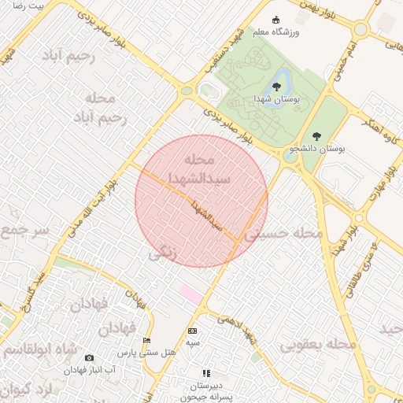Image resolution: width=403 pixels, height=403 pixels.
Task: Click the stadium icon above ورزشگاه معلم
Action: [275, 20]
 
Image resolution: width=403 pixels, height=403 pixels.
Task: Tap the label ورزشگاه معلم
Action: [275, 32]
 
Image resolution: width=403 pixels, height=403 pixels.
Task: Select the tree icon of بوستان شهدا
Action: [276, 86]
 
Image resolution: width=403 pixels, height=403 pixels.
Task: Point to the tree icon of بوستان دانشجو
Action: [316, 136]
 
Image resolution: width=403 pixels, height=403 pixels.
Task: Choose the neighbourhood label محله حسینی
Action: [283, 234]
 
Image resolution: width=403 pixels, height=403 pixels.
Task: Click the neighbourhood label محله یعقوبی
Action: [314, 345]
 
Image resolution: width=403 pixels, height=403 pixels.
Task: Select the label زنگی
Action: [164, 253]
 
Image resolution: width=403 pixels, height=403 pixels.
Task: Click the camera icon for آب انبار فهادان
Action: [89, 358]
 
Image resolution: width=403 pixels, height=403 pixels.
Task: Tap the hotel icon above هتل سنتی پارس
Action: [146, 341]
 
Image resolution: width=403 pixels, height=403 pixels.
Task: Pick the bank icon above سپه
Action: [193, 331]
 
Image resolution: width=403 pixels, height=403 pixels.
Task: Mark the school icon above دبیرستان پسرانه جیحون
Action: [206, 373]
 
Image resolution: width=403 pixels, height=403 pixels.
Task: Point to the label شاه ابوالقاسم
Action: [38, 349]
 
